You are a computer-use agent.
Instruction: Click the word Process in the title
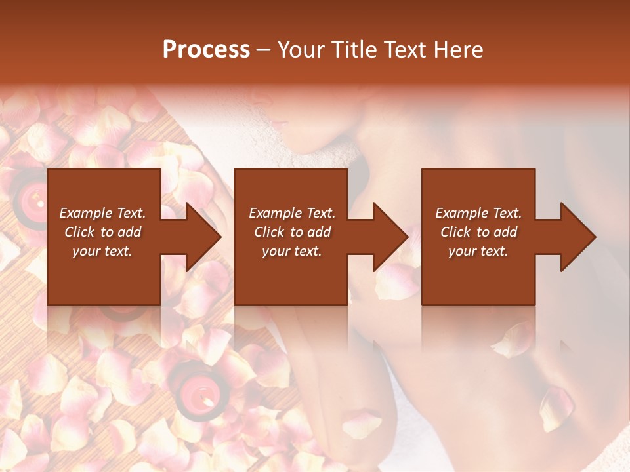[x=206, y=50]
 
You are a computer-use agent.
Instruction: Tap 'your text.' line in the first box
[x=102, y=251]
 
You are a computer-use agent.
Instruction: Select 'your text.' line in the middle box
[x=291, y=251]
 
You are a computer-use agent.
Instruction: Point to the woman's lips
[x=277, y=121]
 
